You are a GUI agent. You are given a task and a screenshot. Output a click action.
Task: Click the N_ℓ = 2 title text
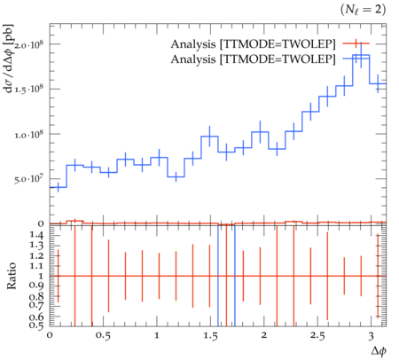pyautogui.click(x=363, y=10)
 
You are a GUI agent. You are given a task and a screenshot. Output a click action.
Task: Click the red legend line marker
pyautogui.click(x=356, y=43)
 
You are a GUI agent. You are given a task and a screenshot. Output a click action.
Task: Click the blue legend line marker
pyautogui.click(x=356, y=59)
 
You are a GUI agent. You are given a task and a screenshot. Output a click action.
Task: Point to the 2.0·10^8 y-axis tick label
pyautogui.click(x=28, y=44)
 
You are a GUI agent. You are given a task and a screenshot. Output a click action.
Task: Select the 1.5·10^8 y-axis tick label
pyautogui.click(x=28, y=90)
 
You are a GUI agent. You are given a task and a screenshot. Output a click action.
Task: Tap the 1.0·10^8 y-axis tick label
pyautogui.click(x=28, y=134)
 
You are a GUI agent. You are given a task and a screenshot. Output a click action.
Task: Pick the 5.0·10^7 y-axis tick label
pyautogui.click(x=28, y=179)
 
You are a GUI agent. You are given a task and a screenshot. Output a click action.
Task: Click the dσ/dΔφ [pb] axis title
pyautogui.click(x=9, y=59)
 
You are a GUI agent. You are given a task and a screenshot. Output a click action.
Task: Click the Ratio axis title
pyautogui.click(x=12, y=276)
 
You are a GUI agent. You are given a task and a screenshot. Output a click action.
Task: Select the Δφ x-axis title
pyautogui.click(x=379, y=351)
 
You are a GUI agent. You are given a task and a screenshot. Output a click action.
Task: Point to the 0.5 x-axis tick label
pyautogui.click(x=103, y=336)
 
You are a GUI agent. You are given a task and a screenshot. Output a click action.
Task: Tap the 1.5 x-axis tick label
pyautogui.click(x=210, y=336)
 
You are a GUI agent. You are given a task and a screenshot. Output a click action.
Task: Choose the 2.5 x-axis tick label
pyautogui.click(x=317, y=336)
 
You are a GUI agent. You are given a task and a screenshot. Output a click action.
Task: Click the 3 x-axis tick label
pyautogui.click(x=371, y=336)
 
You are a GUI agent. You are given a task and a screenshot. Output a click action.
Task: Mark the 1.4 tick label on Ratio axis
pyautogui.click(x=36, y=235)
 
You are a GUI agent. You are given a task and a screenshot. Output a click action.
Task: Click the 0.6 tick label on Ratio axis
pyautogui.click(x=36, y=317)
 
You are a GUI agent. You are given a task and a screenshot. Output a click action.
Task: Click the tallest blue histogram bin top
pyautogui.click(x=361, y=55)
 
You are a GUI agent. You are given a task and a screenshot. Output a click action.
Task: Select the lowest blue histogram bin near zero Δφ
pyautogui.click(x=58, y=187)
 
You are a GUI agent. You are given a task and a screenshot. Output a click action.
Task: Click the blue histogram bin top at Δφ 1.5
pyautogui.click(x=209, y=137)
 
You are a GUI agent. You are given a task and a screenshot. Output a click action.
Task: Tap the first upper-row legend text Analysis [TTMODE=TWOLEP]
pyautogui.click(x=253, y=44)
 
